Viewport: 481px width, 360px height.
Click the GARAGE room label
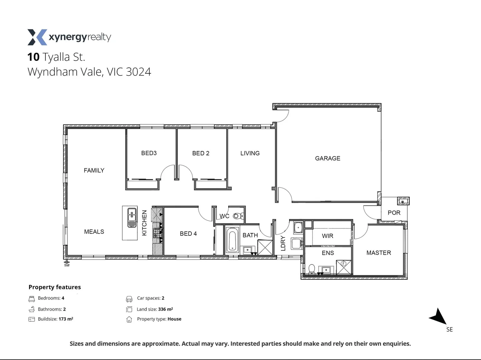pyautogui.click(x=328, y=158)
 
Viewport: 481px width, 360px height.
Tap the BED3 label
pyautogui.click(x=149, y=153)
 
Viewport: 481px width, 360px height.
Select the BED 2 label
pyautogui.click(x=200, y=153)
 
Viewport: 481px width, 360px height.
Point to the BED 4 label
pyautogui.click(x=188, y=234)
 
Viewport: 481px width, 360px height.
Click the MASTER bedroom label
pyautogui.click(x=379, y=253)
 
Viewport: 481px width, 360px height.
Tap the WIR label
pyautogui.click(x=328, y=236)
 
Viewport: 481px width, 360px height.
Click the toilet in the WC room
pyautogui.click(x=237, y=216)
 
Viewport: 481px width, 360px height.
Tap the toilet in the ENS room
pyautogui.click(x=312, y=269)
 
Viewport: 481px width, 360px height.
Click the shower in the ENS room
pyautogui.click(x=344, y=267)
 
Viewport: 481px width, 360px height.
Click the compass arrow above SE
pyautogui.click(x=439, y=316)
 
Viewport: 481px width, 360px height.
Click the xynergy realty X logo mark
pyautogui.click(x=37, y=37)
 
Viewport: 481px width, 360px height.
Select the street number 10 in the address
pyautogui.click(x=33, y=57)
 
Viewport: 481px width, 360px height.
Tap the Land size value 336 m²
pyautogui.click(x=165, y=309)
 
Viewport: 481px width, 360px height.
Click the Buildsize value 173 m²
pyautogui.click(x=66, y=319)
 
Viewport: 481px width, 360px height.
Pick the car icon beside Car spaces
pyautogui.click(x=129, y=299)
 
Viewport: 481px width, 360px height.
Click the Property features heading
pyautogui.click(x=55, y=287)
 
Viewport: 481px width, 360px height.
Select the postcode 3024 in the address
pyautogui.click(x=138, y=72)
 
